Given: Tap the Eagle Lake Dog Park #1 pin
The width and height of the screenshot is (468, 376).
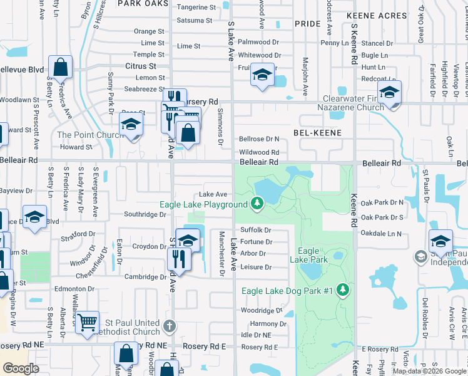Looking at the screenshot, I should point(342,289).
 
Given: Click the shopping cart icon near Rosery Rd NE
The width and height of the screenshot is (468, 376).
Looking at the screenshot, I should point(88,323).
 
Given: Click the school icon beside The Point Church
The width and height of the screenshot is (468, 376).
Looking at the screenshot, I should point(131,125).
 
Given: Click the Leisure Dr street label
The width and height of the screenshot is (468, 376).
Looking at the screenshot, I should point(256,267).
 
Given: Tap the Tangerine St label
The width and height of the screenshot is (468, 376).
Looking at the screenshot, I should point(196,8).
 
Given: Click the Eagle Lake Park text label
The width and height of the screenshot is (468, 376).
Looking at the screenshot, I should point(309,255).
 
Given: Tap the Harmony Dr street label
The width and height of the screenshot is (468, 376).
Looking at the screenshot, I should point(268,324).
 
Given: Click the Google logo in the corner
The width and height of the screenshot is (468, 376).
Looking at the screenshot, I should point(21,368).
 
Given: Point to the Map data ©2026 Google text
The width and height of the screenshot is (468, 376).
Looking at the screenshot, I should point(429,371).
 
